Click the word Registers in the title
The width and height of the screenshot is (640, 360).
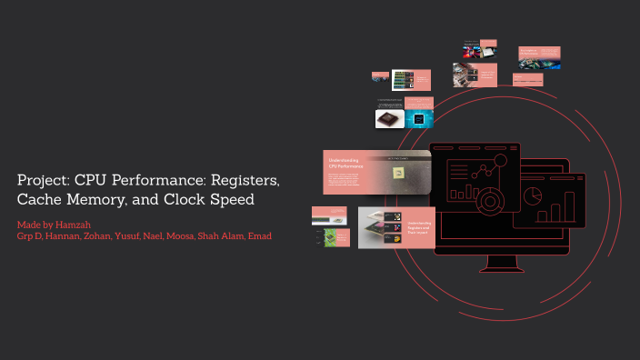click(x=246, y=180)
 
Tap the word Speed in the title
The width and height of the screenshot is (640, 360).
click(x=227, y=199)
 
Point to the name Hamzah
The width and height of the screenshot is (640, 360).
click(x=73, y=225)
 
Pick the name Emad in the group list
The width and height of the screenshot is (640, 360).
click(x=259, y=236)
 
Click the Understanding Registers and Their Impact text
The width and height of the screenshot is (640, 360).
click(x=419, y=227)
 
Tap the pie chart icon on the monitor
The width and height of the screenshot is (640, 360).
click(x=535, y=195)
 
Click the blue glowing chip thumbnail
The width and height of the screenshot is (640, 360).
click(x=419, y=119)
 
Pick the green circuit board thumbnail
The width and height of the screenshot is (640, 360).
click(x=331, y=237)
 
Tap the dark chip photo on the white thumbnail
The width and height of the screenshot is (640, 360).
click(x=389, y=119)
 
